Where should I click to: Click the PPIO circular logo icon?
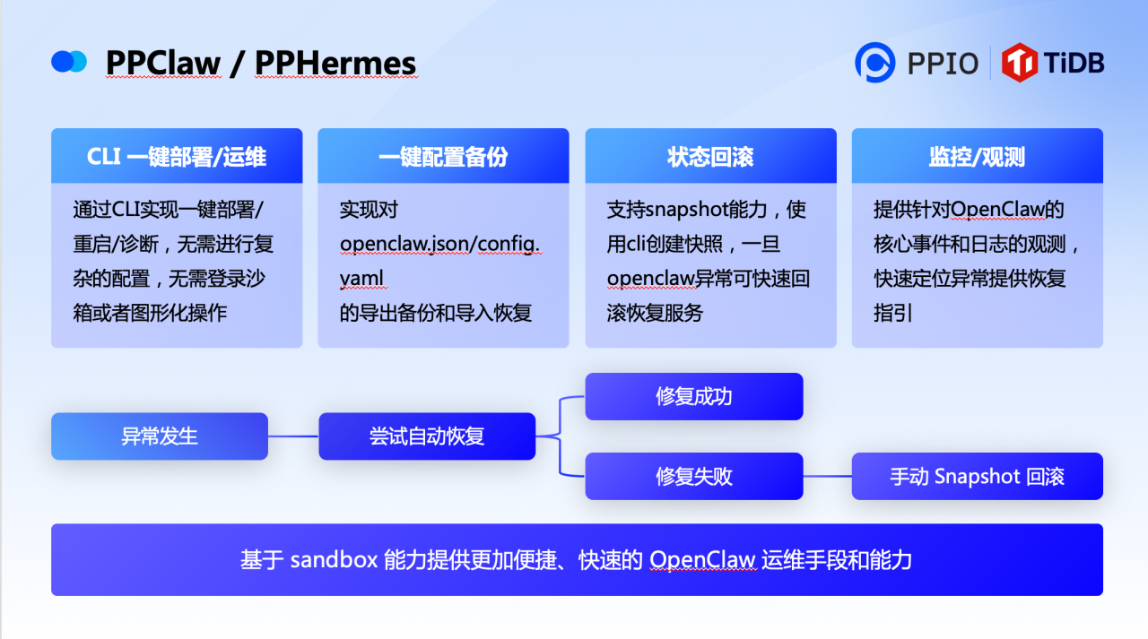tap(874, 63)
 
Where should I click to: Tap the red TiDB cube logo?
tap(1020, 63)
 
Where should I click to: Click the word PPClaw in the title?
tap(163, 64)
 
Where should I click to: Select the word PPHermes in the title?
tap(335, 64)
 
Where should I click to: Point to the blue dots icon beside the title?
tap(69, 62)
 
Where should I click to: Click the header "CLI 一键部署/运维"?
tap(177, 157)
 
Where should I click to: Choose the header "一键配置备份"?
tap(443, 157)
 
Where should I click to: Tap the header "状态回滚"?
tap(710, 157)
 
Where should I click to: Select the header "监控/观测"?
tap(977, 157)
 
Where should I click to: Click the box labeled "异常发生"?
tap(160, 436)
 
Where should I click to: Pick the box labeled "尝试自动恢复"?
tap(427, 436)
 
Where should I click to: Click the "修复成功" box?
tap(694, 396)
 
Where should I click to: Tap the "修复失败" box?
tap(694, 476)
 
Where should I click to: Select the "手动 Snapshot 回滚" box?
tap(977, 476)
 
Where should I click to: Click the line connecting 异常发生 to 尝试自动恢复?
tap(293, 436)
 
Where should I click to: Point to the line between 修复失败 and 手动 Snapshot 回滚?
tap(827, 476)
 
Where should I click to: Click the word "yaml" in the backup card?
tap(362, 278)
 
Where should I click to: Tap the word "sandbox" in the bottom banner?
tap(333, 560)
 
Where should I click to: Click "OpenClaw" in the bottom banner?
tap(703, 560)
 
